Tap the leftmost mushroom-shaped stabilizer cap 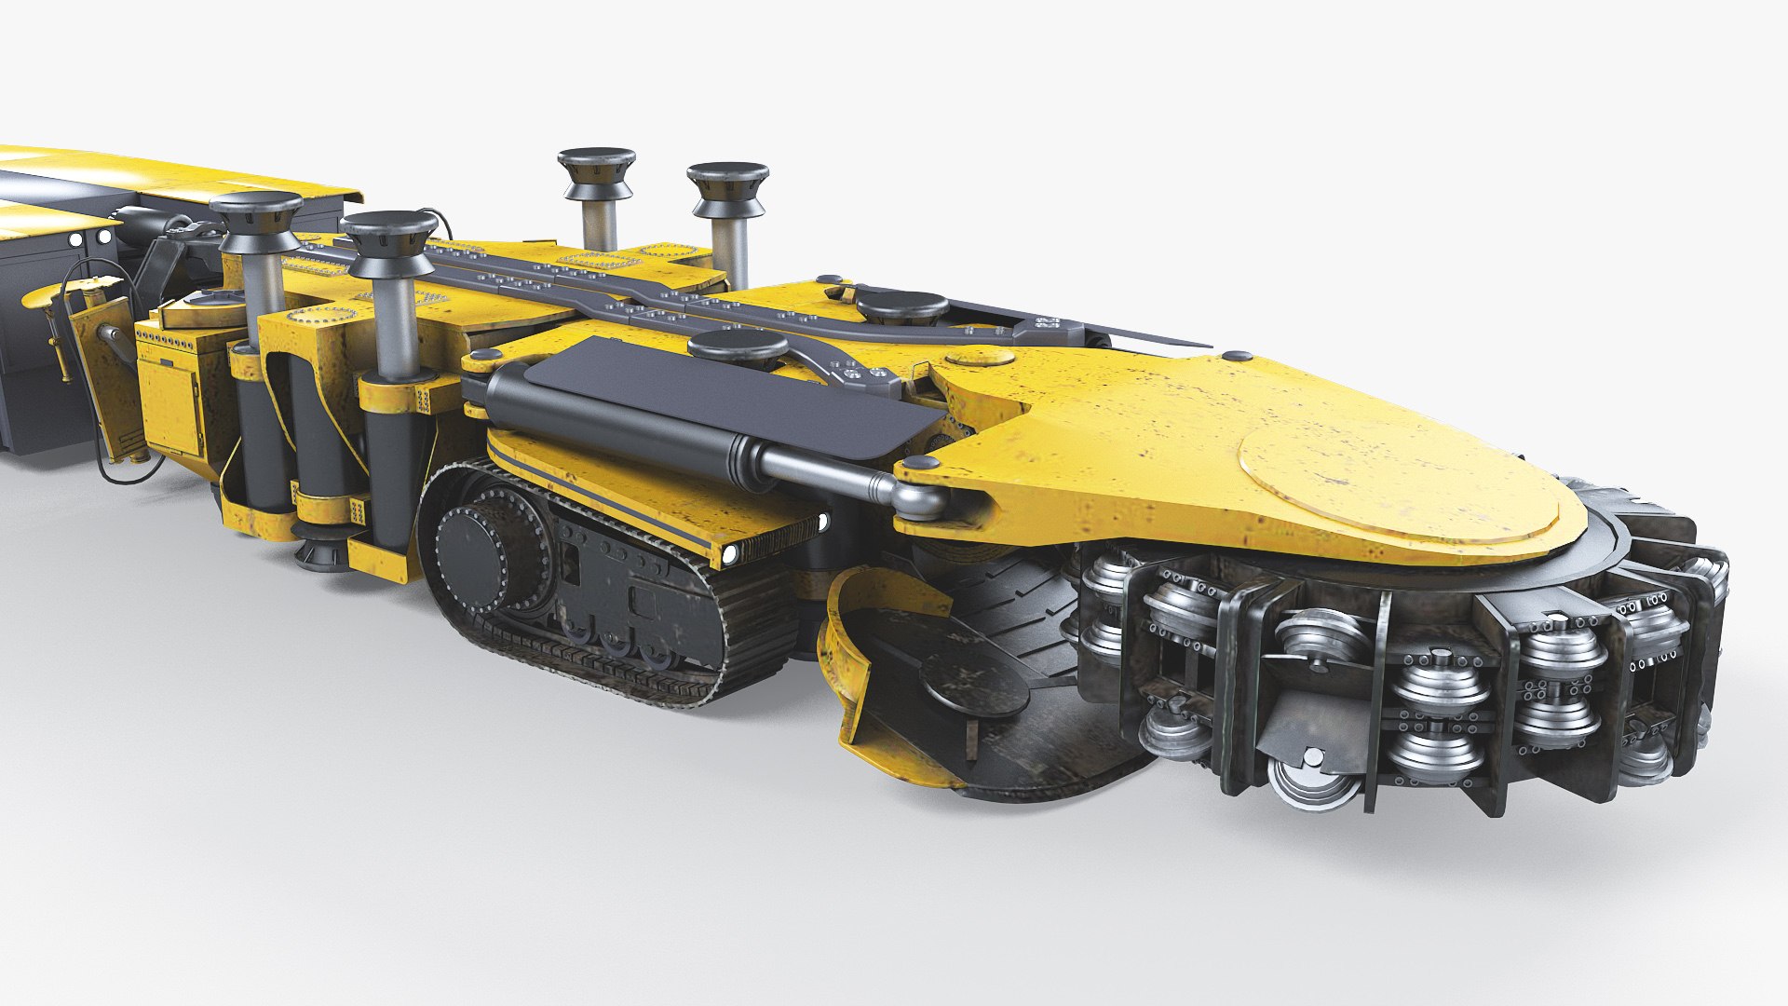click(256, 214)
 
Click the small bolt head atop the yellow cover click(1236, 356)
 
